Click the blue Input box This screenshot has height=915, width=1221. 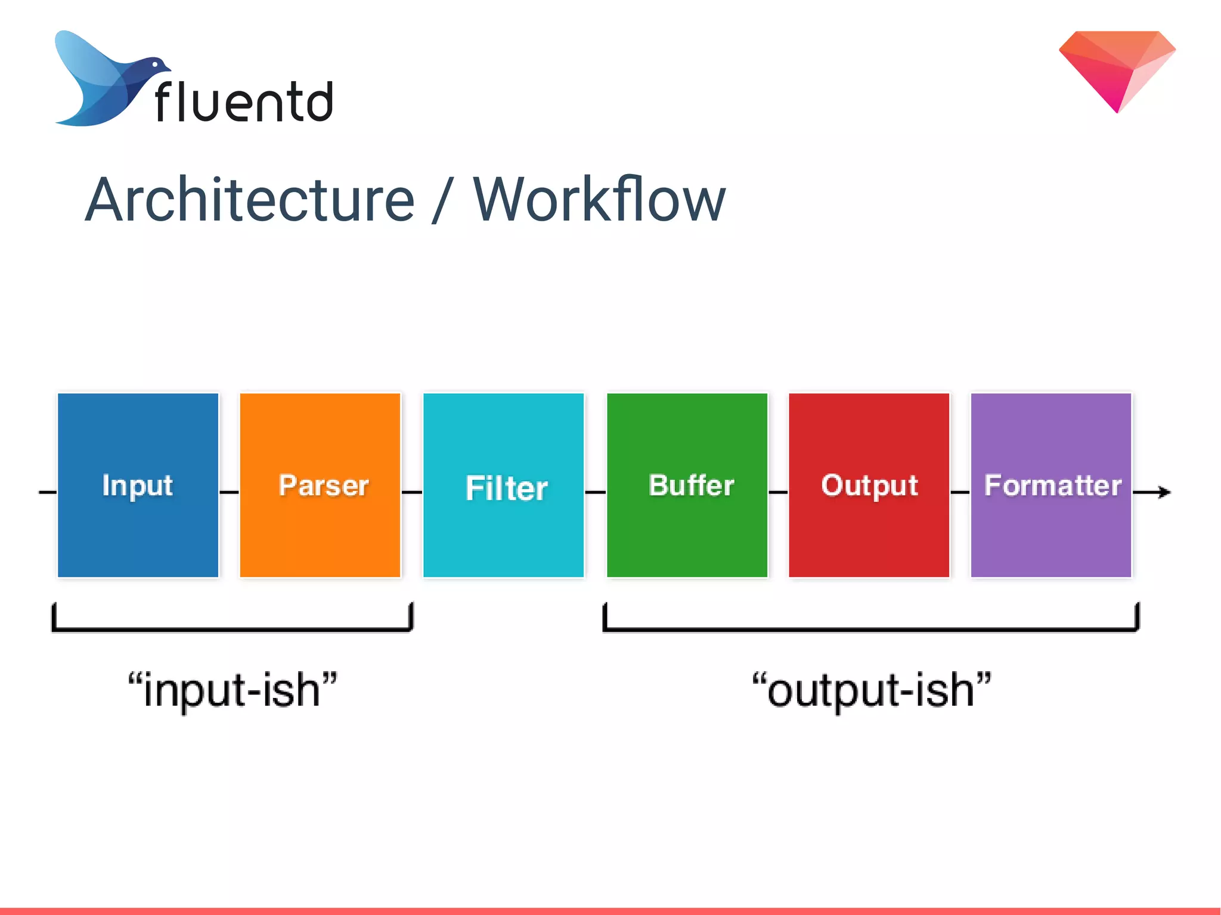click(x=138, y=485)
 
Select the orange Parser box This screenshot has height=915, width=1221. click(x=320, y=485)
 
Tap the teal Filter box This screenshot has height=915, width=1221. click(x=503, y=485)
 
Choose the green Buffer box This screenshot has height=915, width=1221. click(x=687, y=485)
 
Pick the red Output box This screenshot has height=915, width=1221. click(x=869, y=485)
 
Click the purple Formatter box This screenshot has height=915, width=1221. click(x=1050, y=485)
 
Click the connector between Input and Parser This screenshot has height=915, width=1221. click(x=229, y=492)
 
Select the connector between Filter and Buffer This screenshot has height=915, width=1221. click(x=595, y=492)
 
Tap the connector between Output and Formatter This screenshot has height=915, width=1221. click(x=960, y=492)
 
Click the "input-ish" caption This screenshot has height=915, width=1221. click(x=233, y=690)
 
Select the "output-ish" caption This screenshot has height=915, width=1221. click(x=871, y=690)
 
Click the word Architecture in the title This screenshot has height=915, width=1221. click(x=250, y=200)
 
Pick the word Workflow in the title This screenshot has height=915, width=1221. click(x=599, y=200)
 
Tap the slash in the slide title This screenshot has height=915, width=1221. click(x=442, y=201)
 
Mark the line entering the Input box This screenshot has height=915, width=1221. click(x=48, y=492)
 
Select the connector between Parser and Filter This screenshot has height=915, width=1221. click(x=412, y=492)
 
